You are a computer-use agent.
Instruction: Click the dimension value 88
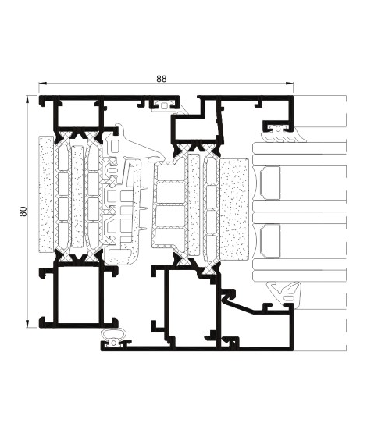(x=162, y=79)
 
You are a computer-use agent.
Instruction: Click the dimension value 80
(x=23, y=211)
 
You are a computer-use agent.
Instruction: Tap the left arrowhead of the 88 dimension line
(x=42, y=84)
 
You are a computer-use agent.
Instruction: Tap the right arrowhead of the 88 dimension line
(x=290, y=84)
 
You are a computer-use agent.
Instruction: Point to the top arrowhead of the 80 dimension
(x=27, y=99)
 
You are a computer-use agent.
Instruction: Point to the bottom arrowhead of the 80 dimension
(x=27, y=324)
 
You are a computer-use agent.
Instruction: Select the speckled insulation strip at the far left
(x=46, y=194)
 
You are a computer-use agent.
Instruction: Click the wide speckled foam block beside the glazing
(x=234, y=209)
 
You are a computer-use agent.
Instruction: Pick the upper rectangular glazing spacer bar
(x=270, y=183)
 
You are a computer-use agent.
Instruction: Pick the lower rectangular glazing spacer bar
(x=270, y=241)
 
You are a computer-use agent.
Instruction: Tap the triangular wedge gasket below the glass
(x=284, y=294)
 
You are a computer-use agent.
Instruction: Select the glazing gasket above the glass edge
(x=284, y=137)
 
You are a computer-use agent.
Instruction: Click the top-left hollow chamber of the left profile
(x=78, y=114)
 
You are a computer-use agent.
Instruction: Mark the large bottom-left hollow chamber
(x=78, y=295)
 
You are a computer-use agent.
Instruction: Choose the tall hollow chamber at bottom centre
(x=191, y=305)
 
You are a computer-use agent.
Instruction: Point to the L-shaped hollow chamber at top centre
(x=196, y=126)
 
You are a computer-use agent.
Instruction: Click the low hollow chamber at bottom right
(x=263, y=330)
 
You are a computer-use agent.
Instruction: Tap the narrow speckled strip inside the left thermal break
(x=77, y=197)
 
